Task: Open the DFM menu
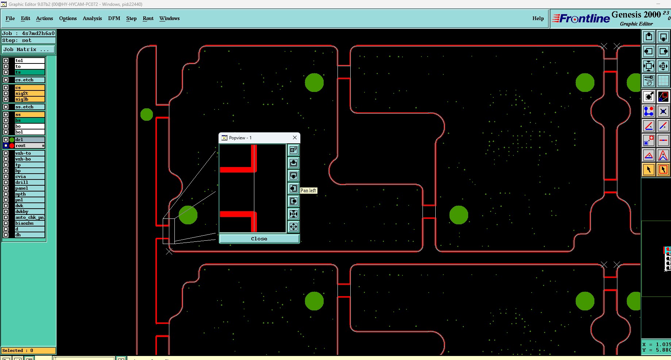point(114,18)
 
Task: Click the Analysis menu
point(92,18)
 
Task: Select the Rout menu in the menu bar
point(148,18)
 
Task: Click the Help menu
point(538,18)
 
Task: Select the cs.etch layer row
point(29,80)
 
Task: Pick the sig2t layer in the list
point(29,93)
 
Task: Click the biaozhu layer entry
point(29,223)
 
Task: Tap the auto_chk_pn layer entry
point(29,217)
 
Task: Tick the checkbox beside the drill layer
point(6,182)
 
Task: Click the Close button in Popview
point(259,239)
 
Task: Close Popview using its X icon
point(295,138)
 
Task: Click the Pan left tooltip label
point(308,190)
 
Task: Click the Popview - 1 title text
point(240,138)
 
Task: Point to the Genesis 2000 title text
point(636,15)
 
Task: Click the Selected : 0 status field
point(28,351)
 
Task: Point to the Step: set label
point(17,40)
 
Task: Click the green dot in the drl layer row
point(12,140)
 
